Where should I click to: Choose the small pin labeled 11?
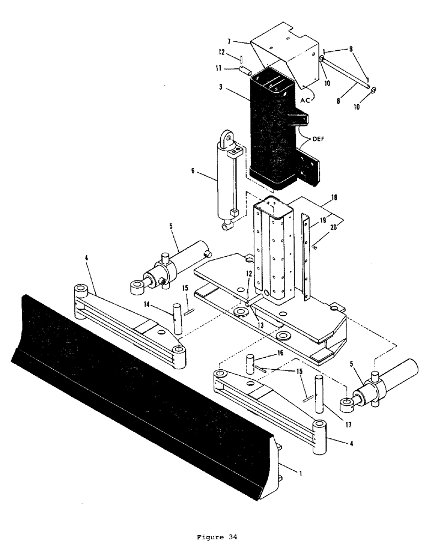pyautogui.click(x=244, y=70)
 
